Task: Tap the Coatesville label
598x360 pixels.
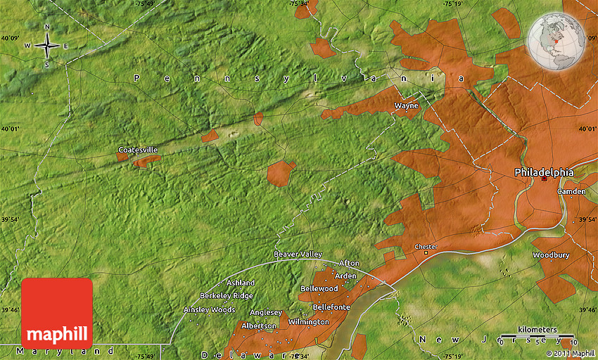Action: click(x=138, y=150)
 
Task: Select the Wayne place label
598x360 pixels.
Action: click(x=406, y=106)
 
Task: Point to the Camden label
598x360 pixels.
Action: click(x=571, y=191)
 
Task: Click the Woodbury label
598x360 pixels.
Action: click(x=551, y=255)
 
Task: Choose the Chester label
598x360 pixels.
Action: click(x=426, y=247)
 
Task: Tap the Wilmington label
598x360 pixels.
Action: click(x=308, y=322)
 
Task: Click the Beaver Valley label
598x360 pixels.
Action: click(x=298, y=254)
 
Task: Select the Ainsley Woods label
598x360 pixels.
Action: click(x=209, y=309)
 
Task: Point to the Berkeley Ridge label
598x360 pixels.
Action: click(x=227, y=296)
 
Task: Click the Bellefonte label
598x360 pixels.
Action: click(x=331, y=307)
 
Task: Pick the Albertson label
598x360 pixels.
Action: click(x=259, y=326)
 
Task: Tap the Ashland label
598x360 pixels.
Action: click(x=241, y=283)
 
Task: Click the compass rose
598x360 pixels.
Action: click(x=47, y=46)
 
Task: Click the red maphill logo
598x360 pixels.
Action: click(x=57, y=314)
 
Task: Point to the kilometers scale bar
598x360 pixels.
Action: click(x=537, y=335)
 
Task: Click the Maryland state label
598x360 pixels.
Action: click(x=67, y=351)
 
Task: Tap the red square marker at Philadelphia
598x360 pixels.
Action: click(x=544, y=179)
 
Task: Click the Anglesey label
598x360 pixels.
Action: click(x=267, y=313)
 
